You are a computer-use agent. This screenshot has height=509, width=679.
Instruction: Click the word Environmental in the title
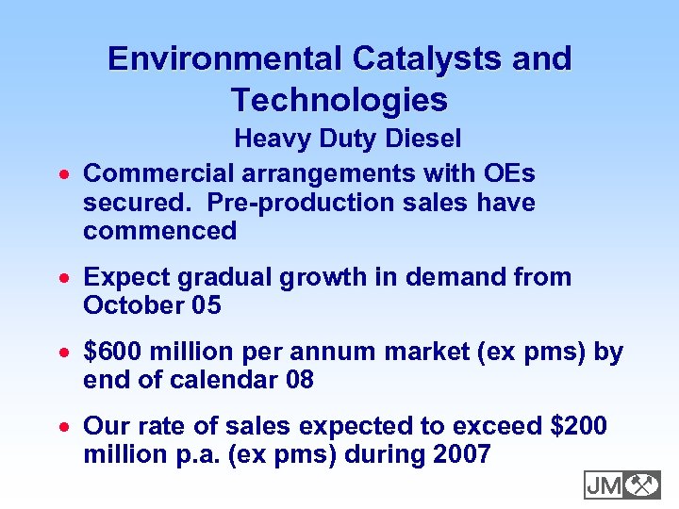[x=226, y=58]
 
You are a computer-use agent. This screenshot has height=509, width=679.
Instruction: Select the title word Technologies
[x=339, y=99]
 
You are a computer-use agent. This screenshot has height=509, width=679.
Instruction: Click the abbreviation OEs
[x=508, y=173]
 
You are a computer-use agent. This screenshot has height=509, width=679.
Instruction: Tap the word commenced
[x=159, y=231]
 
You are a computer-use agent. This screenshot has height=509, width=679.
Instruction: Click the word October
[x=132, y=305]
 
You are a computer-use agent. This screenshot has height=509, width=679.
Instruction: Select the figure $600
[x=108, y=353]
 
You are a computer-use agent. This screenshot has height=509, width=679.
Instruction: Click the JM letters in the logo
[x=604, y=485]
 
